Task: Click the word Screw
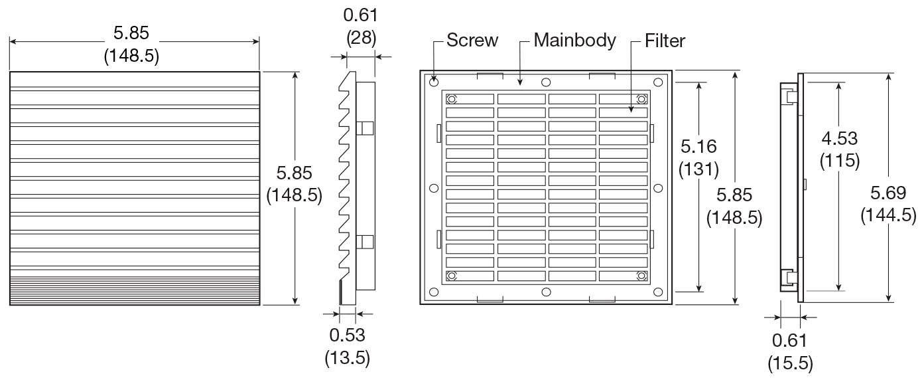pyautogui.click(x=472, y=41)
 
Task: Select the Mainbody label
pyautogui.click(x=574, y=41)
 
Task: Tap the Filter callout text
pyautogui.click(x=665, y=41)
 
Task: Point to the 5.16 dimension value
pyautogui.click(x=698, y=146)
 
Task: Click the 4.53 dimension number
pyautogui.click(x=840, y=138)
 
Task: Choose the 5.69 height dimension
pyautogui.click(x=888, y=193)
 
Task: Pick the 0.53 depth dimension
pyautogui.click(x=347, y=335)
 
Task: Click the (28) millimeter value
pyautogui.click(x=362, y=37)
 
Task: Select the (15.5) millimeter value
pyautogui.click(x=790, y=363)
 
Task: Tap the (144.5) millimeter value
pyautogui.click(x=888, y=216)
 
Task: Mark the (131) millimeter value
pyautogui.click(x=698, y=169)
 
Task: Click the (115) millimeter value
pyautogui.click(x=840, y=161)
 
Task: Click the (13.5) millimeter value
pyautogui.click(x=347, y=358)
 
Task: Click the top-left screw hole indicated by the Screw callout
pyautogui.click(x=434, y=82)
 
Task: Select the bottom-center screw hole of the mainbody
pyautogui.click(x=546, y=292)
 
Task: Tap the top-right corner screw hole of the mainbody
pyautogui.click(x=658, y=82)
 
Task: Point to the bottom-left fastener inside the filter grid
pyautogui.click(x=452, y=276)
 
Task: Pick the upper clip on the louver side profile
pyautogui.click(x=365, y=128)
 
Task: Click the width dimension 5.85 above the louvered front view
pyautogui.click(x=131, y=33)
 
